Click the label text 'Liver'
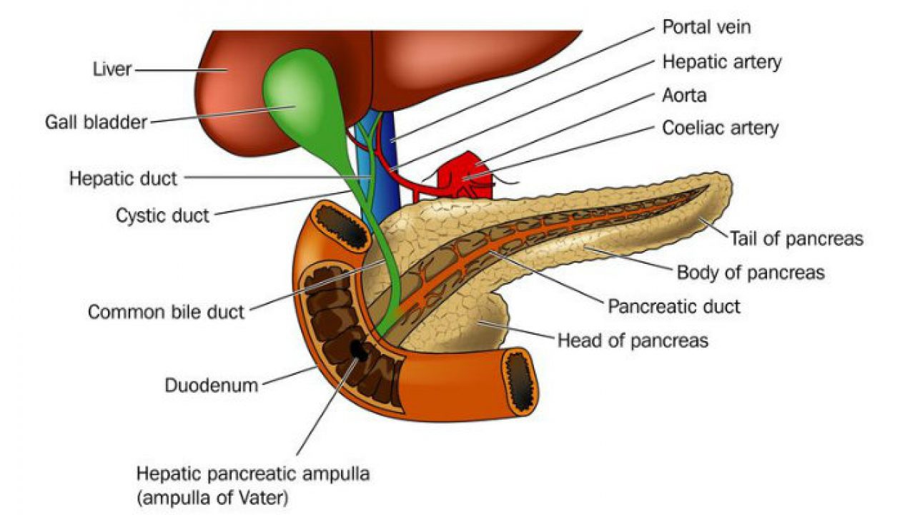pos(112,69)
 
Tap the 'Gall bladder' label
pos(96,121)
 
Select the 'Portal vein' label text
pos(706,28)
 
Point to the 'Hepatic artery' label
pos(722,62)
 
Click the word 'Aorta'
pos(684,94)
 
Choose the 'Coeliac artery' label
pos(720,128)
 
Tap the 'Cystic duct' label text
pos(162,215)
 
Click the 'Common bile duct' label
pos(166,312)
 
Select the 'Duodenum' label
pos(211,386)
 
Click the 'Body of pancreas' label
pos(751,273)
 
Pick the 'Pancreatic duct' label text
pos(674,307)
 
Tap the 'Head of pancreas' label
pos(633,340)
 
